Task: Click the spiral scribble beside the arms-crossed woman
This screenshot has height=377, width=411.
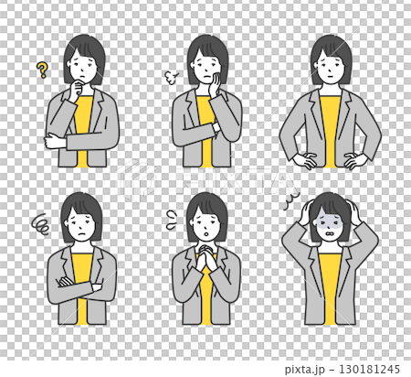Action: [42, 222]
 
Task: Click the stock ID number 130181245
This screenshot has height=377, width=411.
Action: [368, 368]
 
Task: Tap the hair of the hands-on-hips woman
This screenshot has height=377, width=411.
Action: [331, 46]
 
